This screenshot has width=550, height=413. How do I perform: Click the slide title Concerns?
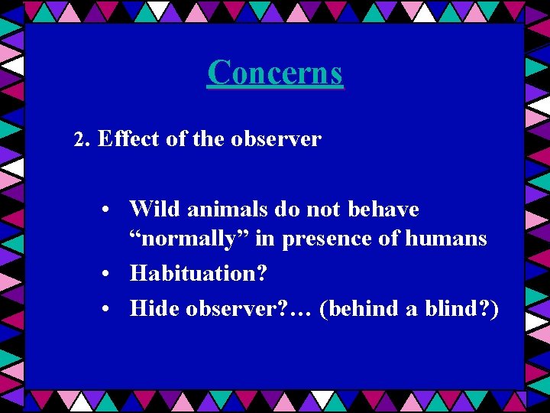tap(275, 73)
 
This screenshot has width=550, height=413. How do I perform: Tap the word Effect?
tap(122, 139)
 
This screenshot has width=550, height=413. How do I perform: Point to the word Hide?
tap(155, 308)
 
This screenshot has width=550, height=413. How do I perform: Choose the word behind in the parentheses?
tap(364, 308)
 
